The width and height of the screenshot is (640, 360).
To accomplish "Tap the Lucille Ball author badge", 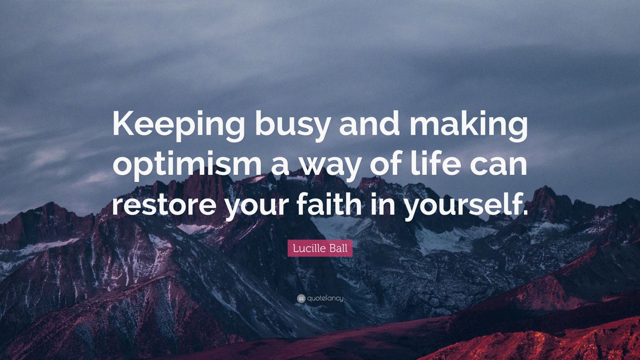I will pos(320,248).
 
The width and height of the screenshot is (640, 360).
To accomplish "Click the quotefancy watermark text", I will pos(325,298).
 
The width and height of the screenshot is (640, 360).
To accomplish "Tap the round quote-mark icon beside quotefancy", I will pos(301,298).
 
